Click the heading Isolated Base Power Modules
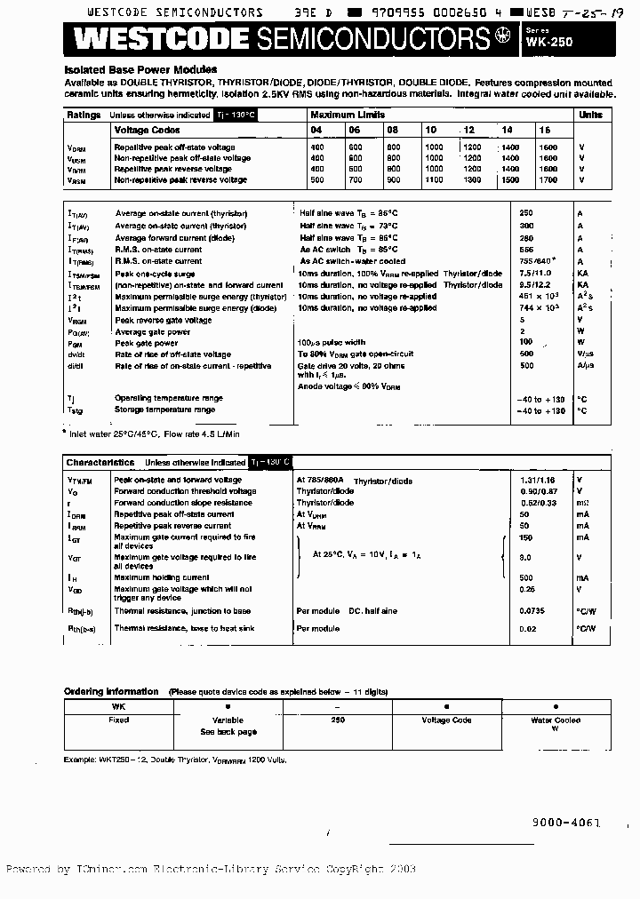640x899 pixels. click(140, 69)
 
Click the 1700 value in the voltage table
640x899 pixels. click(548, 179)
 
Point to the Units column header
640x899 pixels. click(590, 115)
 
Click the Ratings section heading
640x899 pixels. click(84, 115)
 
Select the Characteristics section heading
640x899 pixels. click(100, 462)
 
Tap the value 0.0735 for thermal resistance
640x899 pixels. click(533, 611)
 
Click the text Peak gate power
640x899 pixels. click(147, 342)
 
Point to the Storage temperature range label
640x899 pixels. click(165, 410)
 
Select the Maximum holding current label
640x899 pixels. click(162, 577)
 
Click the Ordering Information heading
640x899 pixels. click(111, 691)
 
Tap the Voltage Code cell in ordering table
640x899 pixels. click(446, 720)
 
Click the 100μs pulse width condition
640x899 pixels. click(332, 342)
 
